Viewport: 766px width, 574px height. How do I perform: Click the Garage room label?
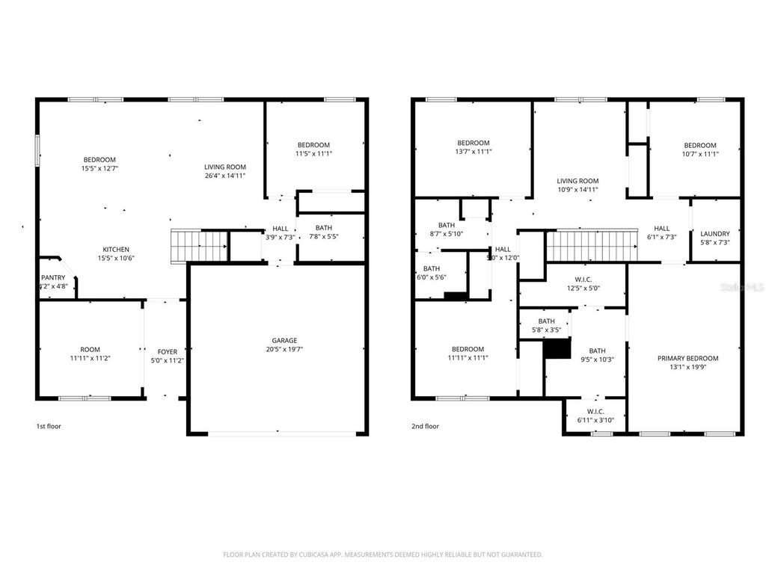pos(284,340)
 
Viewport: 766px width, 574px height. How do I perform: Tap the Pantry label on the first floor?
pos(53,277)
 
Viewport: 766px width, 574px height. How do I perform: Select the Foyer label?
pos(167,352)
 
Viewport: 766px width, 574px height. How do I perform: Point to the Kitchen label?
pos(116,250)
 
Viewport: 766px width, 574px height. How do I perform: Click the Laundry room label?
pos(715,234)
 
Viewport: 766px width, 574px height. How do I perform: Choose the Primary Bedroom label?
pos(687,359)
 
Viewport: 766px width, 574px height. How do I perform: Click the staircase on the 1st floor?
pos(200,244)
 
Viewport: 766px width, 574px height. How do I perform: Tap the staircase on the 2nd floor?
pos(591,245)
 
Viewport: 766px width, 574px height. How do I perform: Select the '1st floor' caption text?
pos(48,427)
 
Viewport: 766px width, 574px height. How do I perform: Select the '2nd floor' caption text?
pos(424,427)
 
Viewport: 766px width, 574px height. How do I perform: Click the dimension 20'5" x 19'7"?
pos(284,349)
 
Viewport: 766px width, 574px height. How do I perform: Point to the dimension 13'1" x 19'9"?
pos(687,368)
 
